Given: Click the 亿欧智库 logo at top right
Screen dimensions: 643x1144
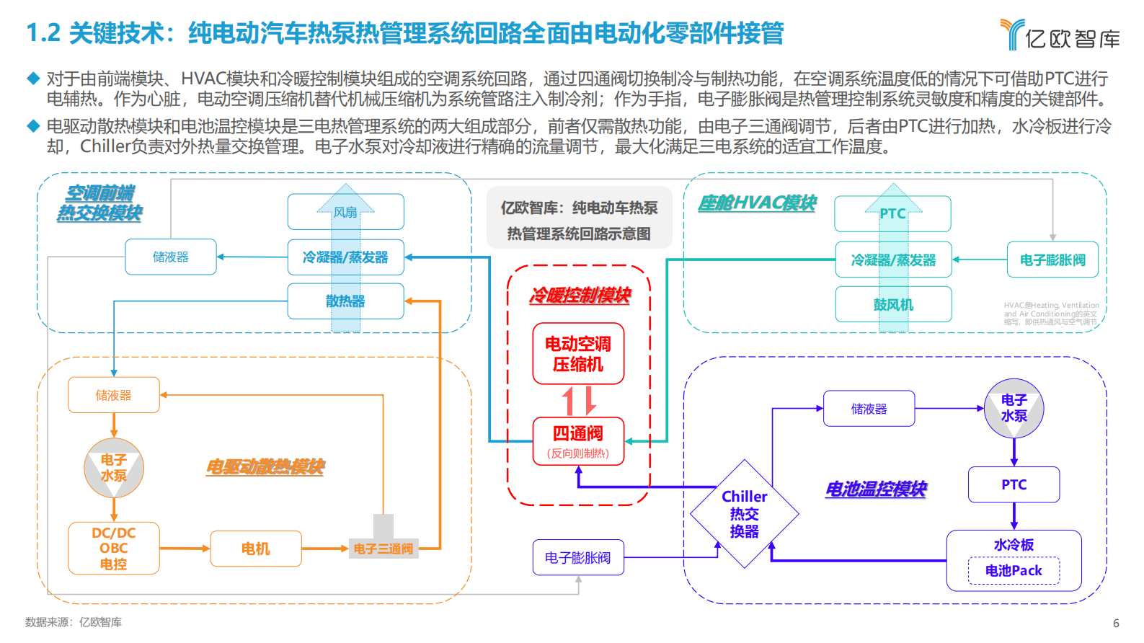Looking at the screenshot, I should click(1060, 35).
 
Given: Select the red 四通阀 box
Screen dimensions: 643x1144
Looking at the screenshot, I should click(578, 440).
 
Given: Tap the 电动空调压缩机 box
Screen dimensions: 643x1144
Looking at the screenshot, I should click(578, 353).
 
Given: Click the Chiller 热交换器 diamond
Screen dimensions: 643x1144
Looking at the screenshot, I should click(744, 514).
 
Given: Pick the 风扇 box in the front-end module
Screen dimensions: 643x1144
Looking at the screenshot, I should click(345, 212).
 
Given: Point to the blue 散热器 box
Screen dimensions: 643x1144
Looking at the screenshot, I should click(345, 301).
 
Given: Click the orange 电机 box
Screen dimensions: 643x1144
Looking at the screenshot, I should click(255, 549).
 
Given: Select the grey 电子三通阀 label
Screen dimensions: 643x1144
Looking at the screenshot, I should click(383, 549).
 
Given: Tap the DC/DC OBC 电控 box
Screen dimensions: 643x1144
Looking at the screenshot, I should click(113, 548).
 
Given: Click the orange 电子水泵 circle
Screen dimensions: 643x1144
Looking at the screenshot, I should click(114, 468).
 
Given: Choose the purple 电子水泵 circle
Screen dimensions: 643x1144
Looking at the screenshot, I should click(1014, 408).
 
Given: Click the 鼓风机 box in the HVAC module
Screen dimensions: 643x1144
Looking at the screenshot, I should click(893, 304).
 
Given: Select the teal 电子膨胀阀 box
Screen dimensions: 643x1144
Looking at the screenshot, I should click(1052, 260).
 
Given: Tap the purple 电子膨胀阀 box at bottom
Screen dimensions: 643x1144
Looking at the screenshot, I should click(577, 557).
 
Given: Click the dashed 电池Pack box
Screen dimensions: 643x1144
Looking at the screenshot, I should click(1014, 571).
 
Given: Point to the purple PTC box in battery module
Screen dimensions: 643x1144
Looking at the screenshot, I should click(1014, 484).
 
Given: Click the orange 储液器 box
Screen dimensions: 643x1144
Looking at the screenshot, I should click(113, 395).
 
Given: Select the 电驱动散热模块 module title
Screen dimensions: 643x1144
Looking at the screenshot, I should click(265, 467).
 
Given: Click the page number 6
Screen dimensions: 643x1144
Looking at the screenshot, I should click(1116, 623).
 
